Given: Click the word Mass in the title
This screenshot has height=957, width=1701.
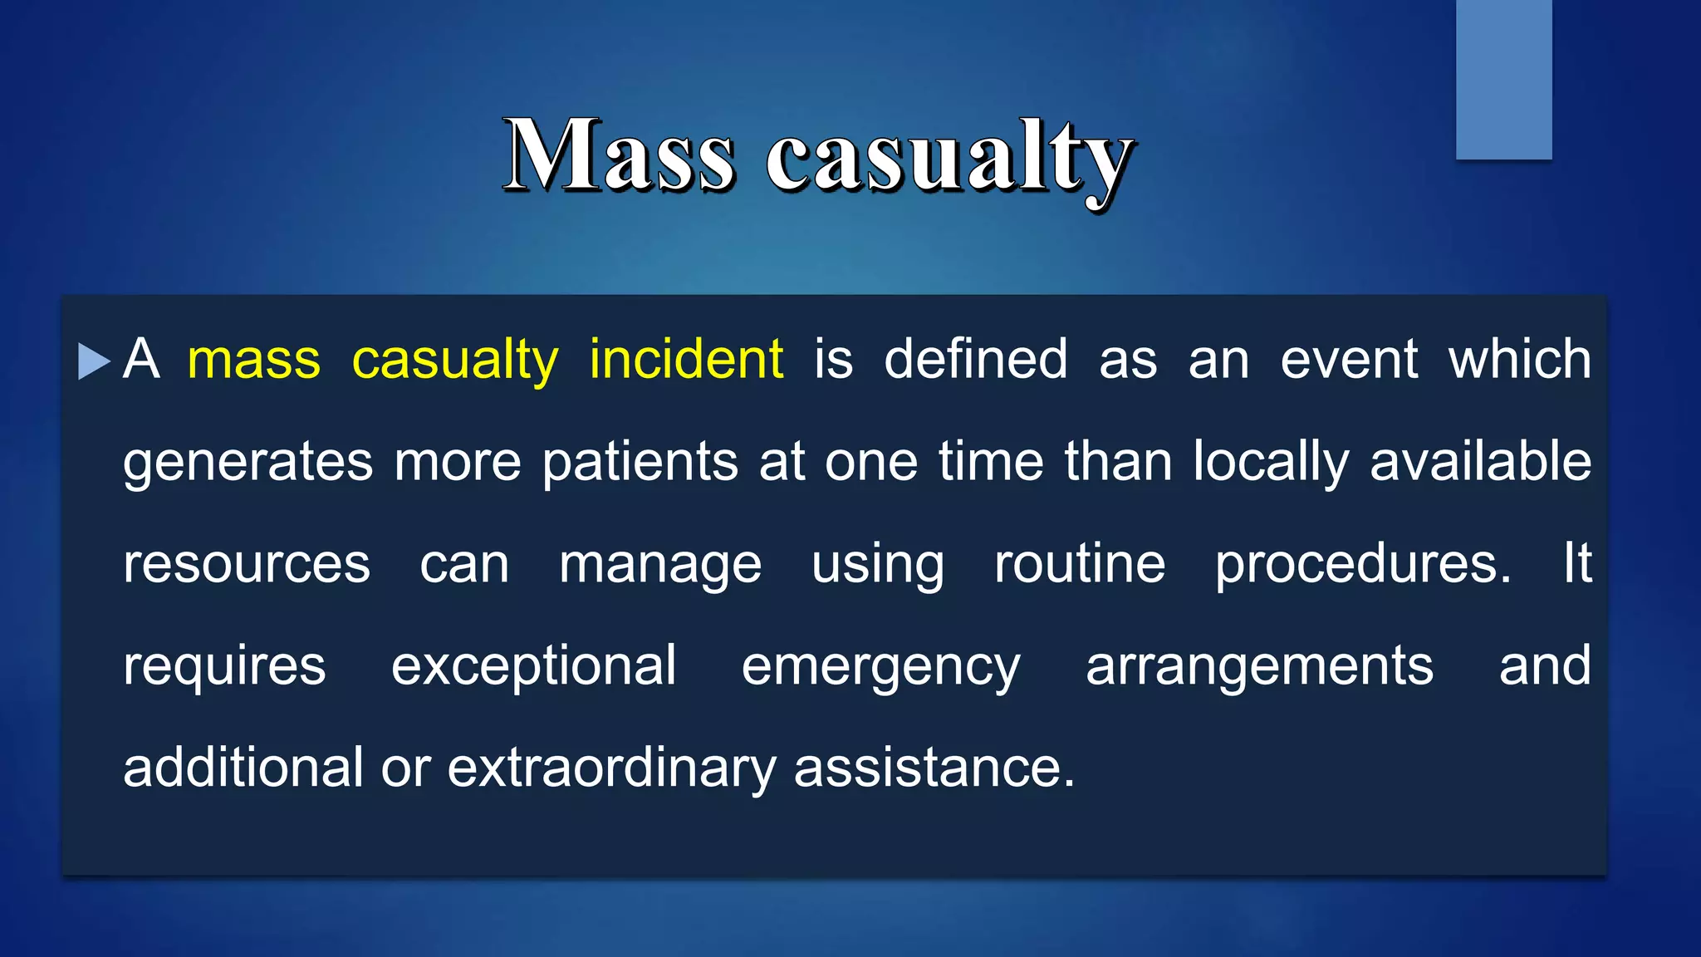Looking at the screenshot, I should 619,156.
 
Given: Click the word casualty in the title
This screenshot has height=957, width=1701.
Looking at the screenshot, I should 949,158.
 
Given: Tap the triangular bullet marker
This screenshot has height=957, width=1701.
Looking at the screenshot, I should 94,361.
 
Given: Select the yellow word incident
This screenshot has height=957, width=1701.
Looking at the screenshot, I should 686,360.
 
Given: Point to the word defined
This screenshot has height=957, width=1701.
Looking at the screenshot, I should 975,360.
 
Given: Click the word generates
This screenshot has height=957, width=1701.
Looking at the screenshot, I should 248,464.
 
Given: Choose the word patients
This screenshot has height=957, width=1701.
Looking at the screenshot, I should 640,462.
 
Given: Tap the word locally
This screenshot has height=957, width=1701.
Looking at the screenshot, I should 1271,464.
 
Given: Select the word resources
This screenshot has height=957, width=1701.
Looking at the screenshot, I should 247,565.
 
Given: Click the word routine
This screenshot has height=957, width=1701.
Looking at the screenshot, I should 1080,564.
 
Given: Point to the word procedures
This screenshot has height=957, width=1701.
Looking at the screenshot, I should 1362,566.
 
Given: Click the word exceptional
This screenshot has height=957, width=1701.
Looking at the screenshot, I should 534,667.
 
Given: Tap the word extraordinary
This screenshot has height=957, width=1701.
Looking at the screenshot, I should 611,768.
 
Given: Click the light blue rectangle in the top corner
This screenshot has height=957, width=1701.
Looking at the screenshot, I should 1503,79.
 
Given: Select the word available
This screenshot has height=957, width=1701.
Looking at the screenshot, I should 1480,462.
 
